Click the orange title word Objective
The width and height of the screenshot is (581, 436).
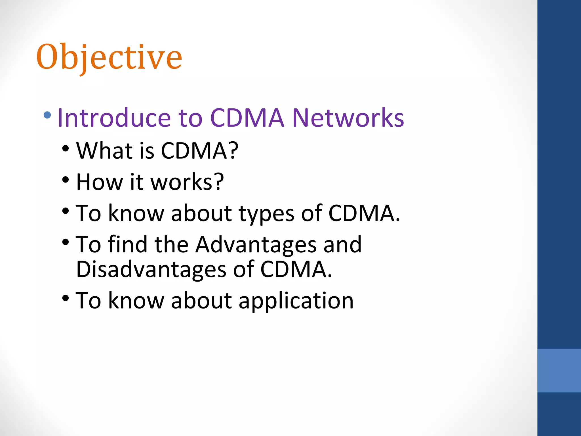(109, 58)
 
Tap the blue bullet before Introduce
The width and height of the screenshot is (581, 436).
(47, 115)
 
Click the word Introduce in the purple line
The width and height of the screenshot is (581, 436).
(114, 118)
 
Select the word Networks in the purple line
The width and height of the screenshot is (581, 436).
(348, 118)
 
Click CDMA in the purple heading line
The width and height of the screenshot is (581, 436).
(247, 118)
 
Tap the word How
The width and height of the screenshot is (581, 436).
(100, 182)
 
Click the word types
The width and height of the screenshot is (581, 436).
(266, 213)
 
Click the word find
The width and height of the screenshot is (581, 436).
(128, 245)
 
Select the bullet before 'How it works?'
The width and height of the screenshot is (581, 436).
(66, 180)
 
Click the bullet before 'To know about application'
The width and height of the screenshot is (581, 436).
(66, 298)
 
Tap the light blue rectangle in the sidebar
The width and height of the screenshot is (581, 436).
(559, 370)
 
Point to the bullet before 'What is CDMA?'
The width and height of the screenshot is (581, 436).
(66, 148)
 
